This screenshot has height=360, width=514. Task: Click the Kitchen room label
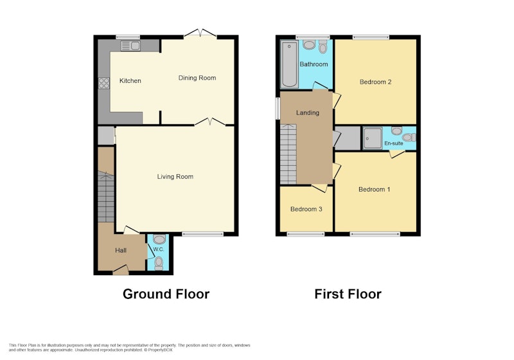(130, 80)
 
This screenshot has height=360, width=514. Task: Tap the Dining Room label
(197, 78)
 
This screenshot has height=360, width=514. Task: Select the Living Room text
(175, 176)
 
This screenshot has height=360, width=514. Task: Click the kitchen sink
(130, 46)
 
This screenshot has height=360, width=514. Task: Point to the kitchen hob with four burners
(104, 83)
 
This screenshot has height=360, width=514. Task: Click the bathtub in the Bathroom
(289, 64)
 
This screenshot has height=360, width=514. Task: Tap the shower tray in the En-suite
(373, 138)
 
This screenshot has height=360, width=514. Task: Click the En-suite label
(394, 143)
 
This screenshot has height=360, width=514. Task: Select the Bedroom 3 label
(306, 209)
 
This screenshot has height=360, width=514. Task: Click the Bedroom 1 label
(375, 189)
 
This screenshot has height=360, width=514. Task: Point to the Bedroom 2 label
(375, 82)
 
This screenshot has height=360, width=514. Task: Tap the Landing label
(308, 113)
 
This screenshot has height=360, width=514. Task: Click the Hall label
(121, 250)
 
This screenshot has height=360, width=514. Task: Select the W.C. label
(159, 249)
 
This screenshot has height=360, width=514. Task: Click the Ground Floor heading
(166, 294)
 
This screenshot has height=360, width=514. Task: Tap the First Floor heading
(348, 294)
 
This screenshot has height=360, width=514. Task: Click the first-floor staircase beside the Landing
(288, 154)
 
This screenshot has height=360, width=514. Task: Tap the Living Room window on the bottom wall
(202, 234)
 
